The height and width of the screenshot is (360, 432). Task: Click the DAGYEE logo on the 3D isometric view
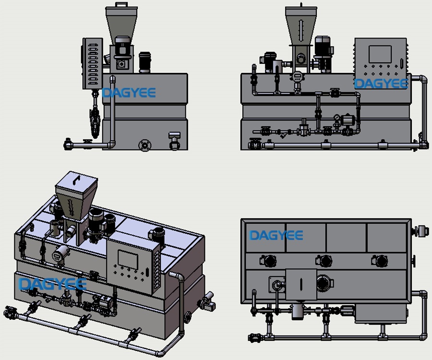(x=52, y=284)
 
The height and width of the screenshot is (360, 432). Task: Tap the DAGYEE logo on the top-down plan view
(x=276, y=235)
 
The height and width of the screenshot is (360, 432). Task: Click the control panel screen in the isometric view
(x=127, y=259)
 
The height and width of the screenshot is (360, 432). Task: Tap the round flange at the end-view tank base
(x=144, y=145)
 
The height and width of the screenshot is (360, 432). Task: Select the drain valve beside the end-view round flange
(x=174, y=141)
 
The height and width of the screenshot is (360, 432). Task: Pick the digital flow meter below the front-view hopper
(x=298, y=76)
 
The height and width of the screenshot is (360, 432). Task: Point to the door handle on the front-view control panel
(x=400, y=62)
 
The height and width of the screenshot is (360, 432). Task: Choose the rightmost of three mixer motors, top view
(x=381, y=261)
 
